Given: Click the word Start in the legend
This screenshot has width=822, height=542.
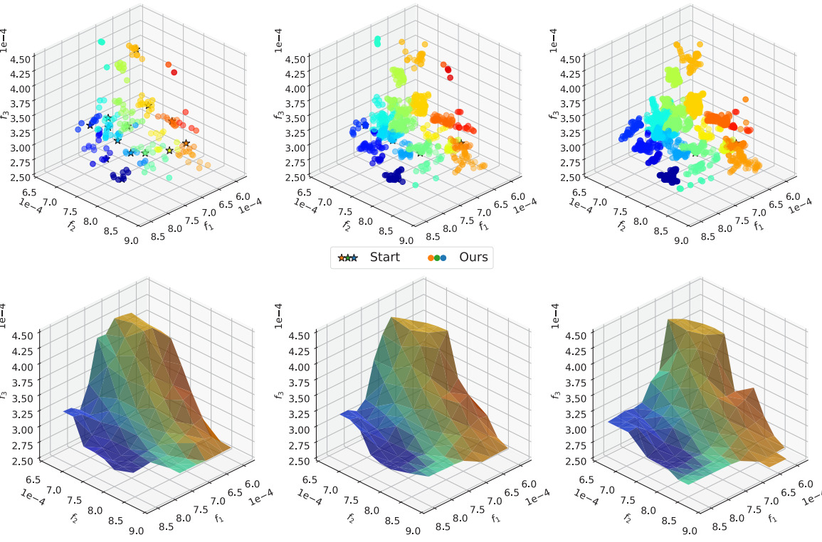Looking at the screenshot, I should (385, 257).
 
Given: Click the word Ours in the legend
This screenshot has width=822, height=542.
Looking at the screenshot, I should (473, 257).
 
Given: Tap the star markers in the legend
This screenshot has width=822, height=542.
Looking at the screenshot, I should (348, 257).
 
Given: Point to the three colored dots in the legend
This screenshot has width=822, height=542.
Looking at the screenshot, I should (436, 257).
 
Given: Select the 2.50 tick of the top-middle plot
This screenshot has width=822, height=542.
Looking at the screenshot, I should (296, 178).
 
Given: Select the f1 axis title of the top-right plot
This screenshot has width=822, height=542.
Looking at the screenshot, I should (759, 225).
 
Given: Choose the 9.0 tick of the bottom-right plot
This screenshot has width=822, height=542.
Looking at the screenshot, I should (682, 530).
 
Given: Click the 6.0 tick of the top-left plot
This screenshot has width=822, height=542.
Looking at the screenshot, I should (243, 196).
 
